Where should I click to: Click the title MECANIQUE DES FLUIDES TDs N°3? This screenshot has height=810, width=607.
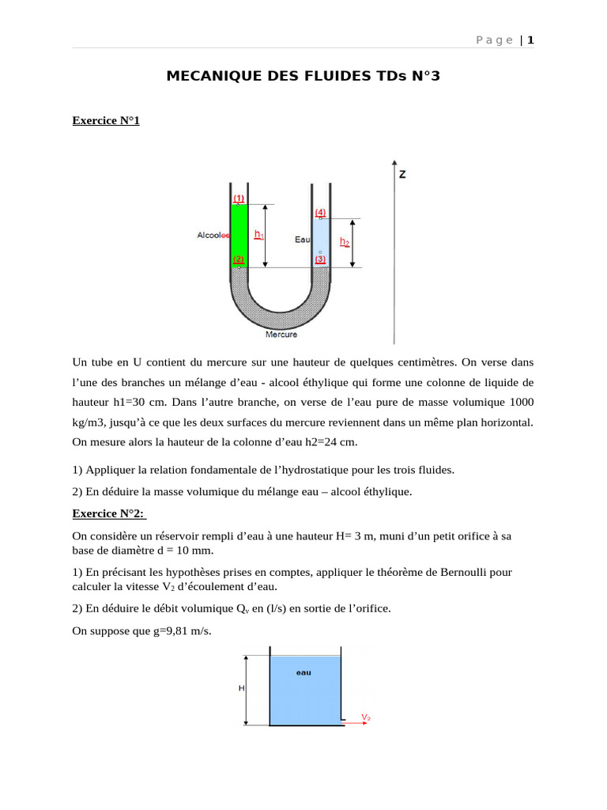(303, 77)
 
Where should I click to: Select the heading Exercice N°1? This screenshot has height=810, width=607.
(106, 121)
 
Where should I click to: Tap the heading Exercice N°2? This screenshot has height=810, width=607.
(108, 513)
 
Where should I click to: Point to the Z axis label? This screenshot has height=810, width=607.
(402, 174)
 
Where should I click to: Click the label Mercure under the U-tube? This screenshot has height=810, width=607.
(281, 335)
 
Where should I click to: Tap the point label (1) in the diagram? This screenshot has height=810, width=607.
(239, 198)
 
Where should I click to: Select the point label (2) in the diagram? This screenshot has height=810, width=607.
(239, 259)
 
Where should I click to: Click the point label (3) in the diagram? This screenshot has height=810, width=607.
(320, 259)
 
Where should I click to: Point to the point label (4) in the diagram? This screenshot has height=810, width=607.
(320, 212)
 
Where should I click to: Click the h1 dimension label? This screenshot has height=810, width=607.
(258, 235)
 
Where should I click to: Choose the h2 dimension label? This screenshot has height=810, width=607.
(345, 242)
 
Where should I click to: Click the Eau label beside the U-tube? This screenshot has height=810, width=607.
(302, 239)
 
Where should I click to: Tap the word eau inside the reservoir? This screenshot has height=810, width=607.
(303, 672)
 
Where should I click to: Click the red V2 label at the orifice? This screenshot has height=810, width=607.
(366, 717)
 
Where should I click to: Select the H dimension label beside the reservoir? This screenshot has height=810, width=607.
(241, 688)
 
